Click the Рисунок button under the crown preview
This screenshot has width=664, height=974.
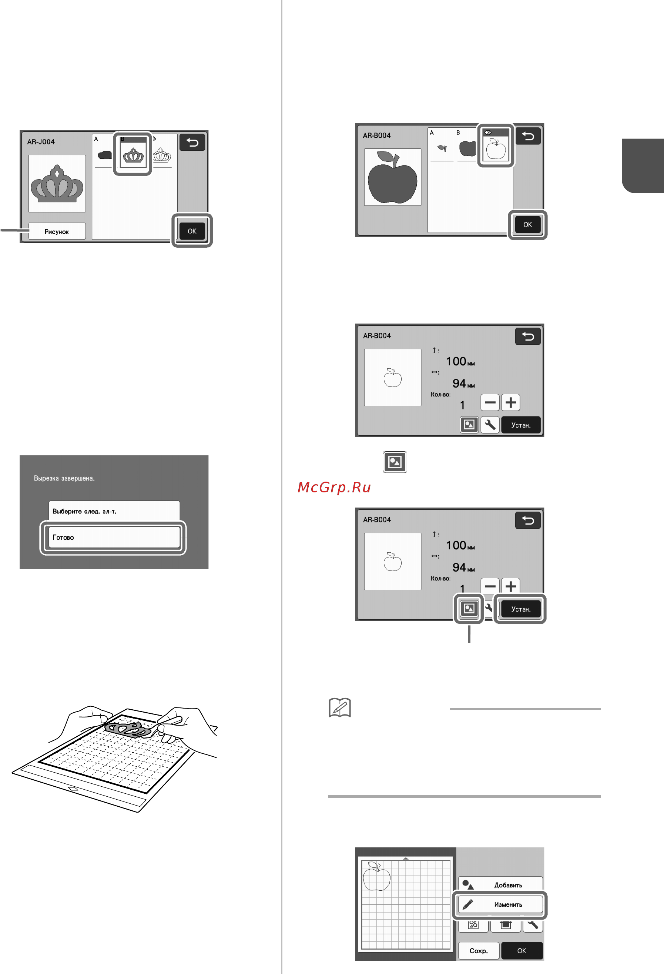57,231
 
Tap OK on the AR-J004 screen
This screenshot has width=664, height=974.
192,231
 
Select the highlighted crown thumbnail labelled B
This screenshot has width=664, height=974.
133,153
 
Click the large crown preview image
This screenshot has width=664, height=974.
57,184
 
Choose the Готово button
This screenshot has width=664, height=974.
114,537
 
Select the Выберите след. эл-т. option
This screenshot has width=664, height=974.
114,511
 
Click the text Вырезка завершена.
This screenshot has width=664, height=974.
64,478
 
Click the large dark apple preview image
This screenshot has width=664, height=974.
393,177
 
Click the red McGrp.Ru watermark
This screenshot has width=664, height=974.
334,487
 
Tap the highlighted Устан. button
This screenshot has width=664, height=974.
521,609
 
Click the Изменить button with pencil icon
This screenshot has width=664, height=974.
500,904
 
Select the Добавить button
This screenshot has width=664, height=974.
500,885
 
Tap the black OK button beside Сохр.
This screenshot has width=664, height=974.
522,951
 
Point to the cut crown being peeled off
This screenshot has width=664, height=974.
128,730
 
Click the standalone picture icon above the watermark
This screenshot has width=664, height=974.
395,462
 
